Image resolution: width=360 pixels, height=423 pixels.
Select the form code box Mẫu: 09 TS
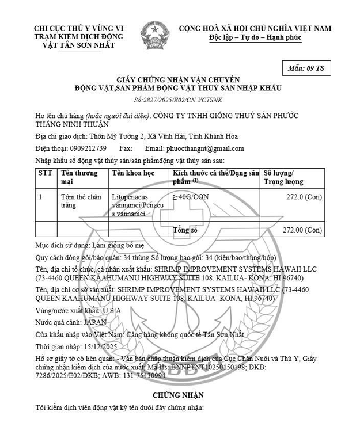pos(306,68)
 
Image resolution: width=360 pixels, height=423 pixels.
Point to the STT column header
pos(45,173)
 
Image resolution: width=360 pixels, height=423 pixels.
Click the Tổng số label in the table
pos(185,230)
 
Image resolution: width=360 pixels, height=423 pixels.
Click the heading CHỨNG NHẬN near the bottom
pos(178,395)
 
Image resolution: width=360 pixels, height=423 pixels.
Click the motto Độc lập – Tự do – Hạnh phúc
pos(255,38)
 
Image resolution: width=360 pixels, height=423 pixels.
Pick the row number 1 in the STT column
pos(40,197)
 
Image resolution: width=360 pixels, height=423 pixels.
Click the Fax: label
pos(126,148)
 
